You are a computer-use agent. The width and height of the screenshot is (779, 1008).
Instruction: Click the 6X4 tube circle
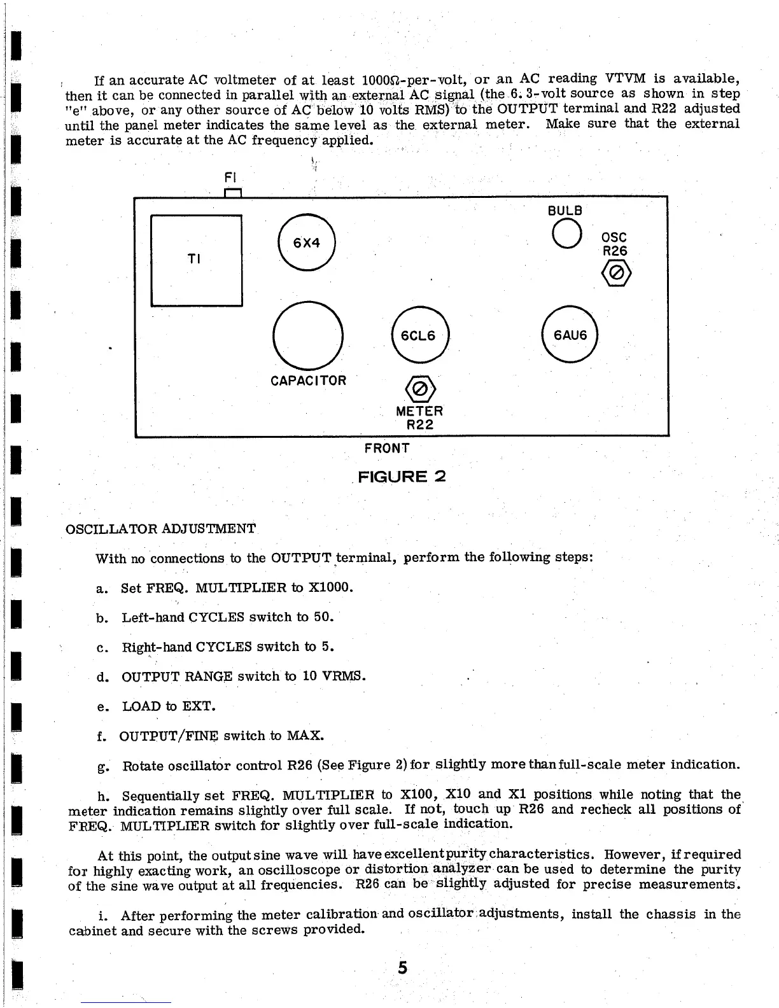click(x=306, y=243)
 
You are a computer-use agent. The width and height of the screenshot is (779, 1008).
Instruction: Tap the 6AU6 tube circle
click(x=570, y=335)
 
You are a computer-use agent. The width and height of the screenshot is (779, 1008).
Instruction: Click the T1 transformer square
click(x=196, y=260)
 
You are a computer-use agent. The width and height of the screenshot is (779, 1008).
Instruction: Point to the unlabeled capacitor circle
click(x=307, y=335)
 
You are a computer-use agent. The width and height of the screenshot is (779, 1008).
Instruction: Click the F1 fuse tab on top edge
click(x=232, y=192)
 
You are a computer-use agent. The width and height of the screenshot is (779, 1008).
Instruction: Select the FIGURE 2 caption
click(x=402, y=476)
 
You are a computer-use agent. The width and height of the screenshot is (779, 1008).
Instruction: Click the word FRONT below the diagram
click(x=387, y=448)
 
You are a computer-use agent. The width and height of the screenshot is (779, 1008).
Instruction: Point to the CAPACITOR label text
click(x=308, y=381)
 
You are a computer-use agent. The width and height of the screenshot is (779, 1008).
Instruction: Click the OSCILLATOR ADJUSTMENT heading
click(x=161, y=529)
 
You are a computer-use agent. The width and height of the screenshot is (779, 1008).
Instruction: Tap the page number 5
click(x=402, y=968)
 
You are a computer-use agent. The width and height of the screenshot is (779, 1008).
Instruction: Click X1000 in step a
click(x=330, y=587)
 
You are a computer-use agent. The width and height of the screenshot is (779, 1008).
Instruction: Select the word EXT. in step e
click(x=199, y=706)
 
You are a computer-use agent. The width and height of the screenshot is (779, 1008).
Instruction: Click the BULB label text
click(x=565, y=210)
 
